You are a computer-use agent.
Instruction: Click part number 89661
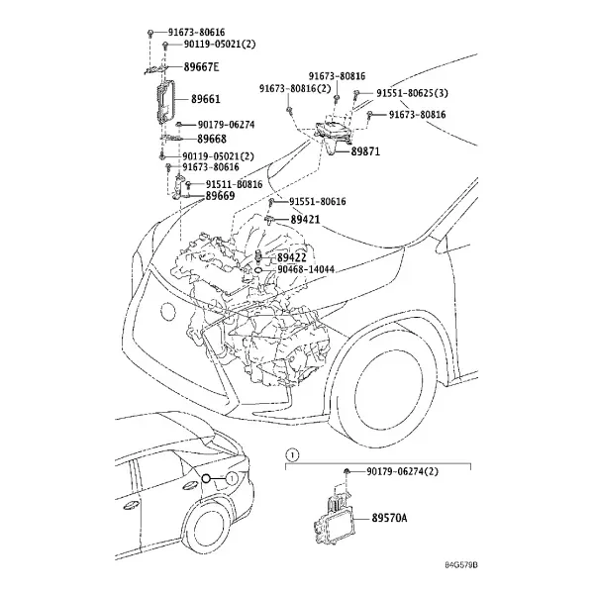tap(205, 99)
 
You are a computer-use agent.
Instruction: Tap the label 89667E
tap(201, 67)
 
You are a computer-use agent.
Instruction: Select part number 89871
tap(365, 151)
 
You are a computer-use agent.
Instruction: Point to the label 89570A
tap(389, 518)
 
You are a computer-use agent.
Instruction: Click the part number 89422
tap(292, 257)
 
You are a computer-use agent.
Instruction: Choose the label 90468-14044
tap(306, 269)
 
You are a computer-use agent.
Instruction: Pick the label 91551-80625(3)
tap(412, 93)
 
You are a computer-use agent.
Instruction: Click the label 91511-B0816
tap(234, 184)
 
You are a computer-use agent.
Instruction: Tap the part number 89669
tap(220, 196)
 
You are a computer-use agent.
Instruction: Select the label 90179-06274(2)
tap(402, 471)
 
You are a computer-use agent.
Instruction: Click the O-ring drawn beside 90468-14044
tap(258, 270)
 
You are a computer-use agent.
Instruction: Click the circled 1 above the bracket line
tap(292, 454)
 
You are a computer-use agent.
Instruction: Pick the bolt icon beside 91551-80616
tap(271, 202)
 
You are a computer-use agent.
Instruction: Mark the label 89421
tap(305, 220)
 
